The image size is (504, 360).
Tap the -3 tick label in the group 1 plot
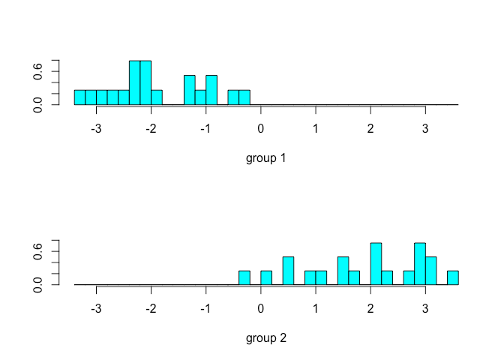(96, 128)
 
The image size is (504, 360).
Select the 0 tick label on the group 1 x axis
(260, 128)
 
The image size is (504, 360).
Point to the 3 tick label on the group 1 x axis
(425, 128)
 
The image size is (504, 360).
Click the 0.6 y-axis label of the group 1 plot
(38, 72)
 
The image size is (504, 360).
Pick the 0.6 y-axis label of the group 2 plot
(38, 252)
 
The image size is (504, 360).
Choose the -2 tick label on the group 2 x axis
(151, 308)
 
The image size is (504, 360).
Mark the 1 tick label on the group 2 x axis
(316, 308)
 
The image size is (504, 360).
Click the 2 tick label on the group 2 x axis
(370, 308)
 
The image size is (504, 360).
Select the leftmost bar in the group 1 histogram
(79, 97)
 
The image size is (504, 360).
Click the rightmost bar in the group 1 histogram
(244, 97)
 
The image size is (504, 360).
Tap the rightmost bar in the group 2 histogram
(452, 278)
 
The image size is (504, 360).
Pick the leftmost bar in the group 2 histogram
(244, 278)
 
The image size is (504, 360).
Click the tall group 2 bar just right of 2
(376, 264)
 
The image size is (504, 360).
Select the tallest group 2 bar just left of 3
(420, 264)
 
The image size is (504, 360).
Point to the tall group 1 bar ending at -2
(145, 83)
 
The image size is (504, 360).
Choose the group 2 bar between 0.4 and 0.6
(288, 271)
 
